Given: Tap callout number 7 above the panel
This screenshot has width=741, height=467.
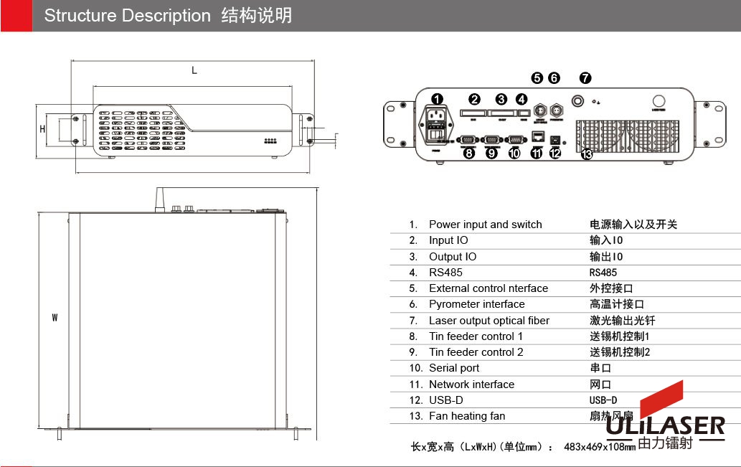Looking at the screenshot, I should point(585,78).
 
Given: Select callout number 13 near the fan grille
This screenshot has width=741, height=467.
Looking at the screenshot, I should point(586,153).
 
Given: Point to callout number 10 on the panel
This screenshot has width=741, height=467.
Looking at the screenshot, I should point(514,152).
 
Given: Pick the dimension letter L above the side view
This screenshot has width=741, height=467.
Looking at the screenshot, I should point(194,70).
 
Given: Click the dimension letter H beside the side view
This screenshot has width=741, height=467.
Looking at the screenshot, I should point(42,130).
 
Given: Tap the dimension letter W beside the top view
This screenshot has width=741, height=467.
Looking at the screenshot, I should point(55,318).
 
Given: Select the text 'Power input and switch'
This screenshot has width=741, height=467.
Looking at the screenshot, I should point(485,225).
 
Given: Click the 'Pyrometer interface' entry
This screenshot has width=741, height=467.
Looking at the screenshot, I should point(476,304).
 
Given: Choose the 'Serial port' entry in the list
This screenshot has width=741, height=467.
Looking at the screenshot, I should point(454,368).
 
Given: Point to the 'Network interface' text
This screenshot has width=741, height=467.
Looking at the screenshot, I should point(471,385).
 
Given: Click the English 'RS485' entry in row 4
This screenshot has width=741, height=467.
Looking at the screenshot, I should point(445,273).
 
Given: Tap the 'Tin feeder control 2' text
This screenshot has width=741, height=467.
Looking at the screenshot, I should point(476,352).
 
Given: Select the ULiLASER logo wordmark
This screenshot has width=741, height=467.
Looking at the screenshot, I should point(665,425).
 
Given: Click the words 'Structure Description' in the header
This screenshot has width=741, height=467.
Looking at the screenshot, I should point(128,16).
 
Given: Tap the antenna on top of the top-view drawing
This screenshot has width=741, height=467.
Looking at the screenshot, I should point(159,199).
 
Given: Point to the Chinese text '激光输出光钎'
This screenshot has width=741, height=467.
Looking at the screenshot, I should point(622,321).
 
